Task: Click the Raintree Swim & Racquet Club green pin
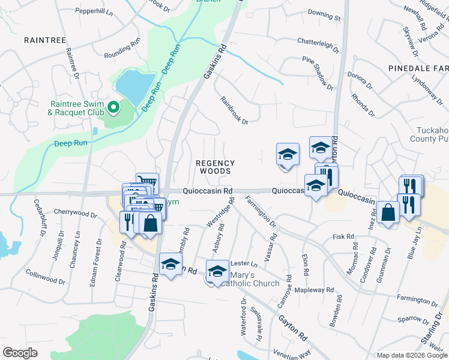coord(113,109)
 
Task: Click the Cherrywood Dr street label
coord(75,213)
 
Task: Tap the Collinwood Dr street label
coord(45,276)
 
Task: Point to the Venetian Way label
coord(291,353)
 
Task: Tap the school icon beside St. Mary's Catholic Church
coord(217,271)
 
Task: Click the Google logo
coord(20,353)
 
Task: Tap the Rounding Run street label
coord(122,55)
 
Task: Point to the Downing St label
coord(324,11)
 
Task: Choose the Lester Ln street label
coord(244,263)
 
